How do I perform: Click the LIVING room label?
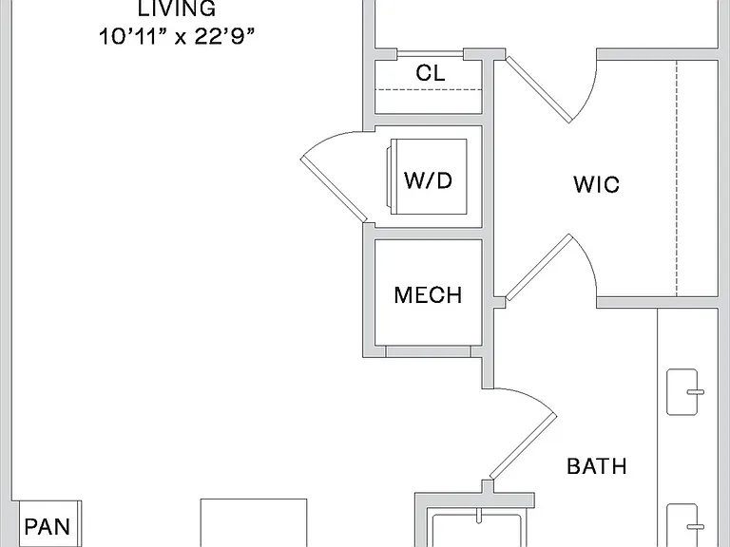pyautogui.click(x=177, y=9)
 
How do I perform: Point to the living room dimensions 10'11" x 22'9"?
pyautogui.click(x=177, y=36)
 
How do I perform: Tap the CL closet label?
pyautogui.click(x=431, y=73)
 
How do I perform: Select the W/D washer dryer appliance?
pyautogui.click(x=427, y=177)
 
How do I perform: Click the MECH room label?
pyautogui.click(x=428, y=295)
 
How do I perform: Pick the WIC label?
pyautogui.click(x=596, y=184)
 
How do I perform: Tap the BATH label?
pyautogui.click(x=597, y=466)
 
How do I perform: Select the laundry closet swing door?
pyautogui.click(x=334, y=176)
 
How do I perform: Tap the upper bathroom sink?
pyautogui.click(x=683, y=392)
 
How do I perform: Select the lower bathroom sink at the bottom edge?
pyautogui.click(x=683, y=525)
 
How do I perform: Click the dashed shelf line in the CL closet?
pyautogui.click(x=429, y=90)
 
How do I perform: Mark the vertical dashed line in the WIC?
pyautogui.click(x=677, y=178)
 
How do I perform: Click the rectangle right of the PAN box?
pyautogui.click(x=254, y=523)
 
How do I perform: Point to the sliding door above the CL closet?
pyautogui.click(x=431, y=54)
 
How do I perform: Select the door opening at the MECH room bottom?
pyautogui.click(x=428, y=351)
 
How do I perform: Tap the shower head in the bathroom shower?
pyautogui.click(x=479, y=516)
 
